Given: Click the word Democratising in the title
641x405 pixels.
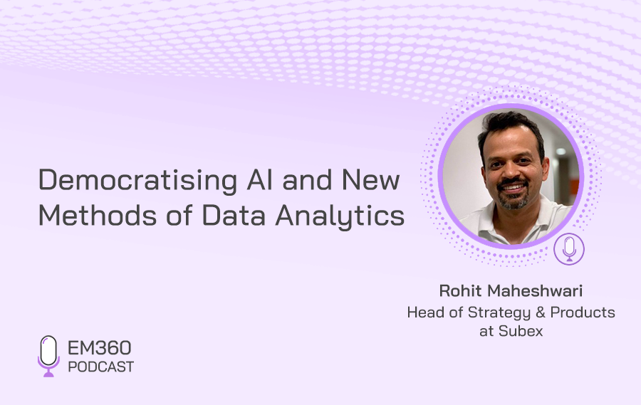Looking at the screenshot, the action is pyautogui.click(x=137, y=180).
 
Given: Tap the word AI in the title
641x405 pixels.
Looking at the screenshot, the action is pyautogui.click(x=259, y=179).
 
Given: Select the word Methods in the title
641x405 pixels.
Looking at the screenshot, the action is pyautogui.click(x=98, y=215).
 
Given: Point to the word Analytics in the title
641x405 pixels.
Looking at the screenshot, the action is pyautogui.click(x=340, y=216).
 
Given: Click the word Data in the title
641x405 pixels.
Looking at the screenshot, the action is pyautogui.click(x=234, y=215).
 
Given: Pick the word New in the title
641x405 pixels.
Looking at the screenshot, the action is pyautogui.click(x=370, y=180).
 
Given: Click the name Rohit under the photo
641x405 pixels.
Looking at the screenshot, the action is pyautogui.click(x=460, y=290).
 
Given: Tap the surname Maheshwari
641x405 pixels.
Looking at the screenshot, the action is pyautogui.click(x=536, y=290).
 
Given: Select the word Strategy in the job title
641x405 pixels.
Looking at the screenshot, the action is pyautogui.click(x=499, y=312).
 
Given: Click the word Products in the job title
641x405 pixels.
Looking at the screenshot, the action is pyautogui.click(x=583, y=312).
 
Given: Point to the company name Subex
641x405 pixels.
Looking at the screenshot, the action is pyautogui.click(x=521, y=331).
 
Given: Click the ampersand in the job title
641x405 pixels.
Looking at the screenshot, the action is pyautogui.click(x=540, y=312).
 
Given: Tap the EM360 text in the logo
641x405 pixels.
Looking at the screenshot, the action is pyautogui.click(x=99, y=348).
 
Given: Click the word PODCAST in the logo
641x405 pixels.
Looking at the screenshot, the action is pyautogui.click(x=101, y=367).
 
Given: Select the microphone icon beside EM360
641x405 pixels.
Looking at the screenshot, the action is pyautogui.click(x=48, y=356).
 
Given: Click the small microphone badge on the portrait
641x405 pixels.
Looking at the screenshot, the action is pyautogui.click(x=569, y=249).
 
